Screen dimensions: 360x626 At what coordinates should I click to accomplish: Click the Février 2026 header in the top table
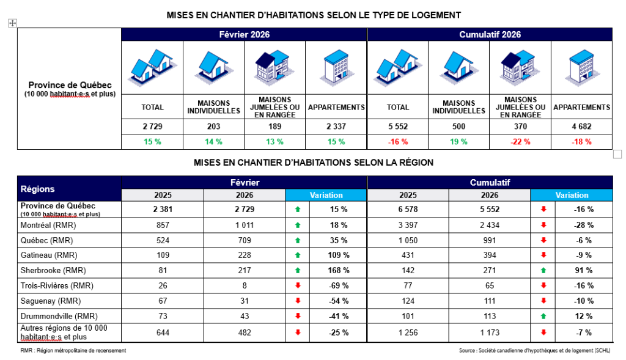pos(244,35)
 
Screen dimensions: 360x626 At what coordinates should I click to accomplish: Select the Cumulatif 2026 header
pos(490,35)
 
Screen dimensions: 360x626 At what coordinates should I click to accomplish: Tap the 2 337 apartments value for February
pos(336,127)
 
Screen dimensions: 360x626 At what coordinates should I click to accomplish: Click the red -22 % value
pos(520,142)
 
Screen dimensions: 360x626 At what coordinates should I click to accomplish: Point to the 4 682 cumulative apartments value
pos(581,127)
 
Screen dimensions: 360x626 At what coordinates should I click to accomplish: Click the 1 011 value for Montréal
pos(244,224)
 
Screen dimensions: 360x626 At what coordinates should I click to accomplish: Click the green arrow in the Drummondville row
pos(543,316)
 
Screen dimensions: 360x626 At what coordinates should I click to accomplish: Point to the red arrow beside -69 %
pos(298,285)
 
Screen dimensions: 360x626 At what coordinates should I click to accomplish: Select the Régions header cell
pos(38,189)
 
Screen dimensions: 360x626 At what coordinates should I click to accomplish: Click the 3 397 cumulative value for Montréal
pos(408,224)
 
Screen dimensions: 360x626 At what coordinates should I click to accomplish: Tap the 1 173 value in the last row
pos(490,332)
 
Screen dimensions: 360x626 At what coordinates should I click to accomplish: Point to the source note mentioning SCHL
pos(534,351)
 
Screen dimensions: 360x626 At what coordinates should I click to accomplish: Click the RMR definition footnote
pos(73,351)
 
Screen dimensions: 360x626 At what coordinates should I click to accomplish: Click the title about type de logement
pos(314,15)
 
